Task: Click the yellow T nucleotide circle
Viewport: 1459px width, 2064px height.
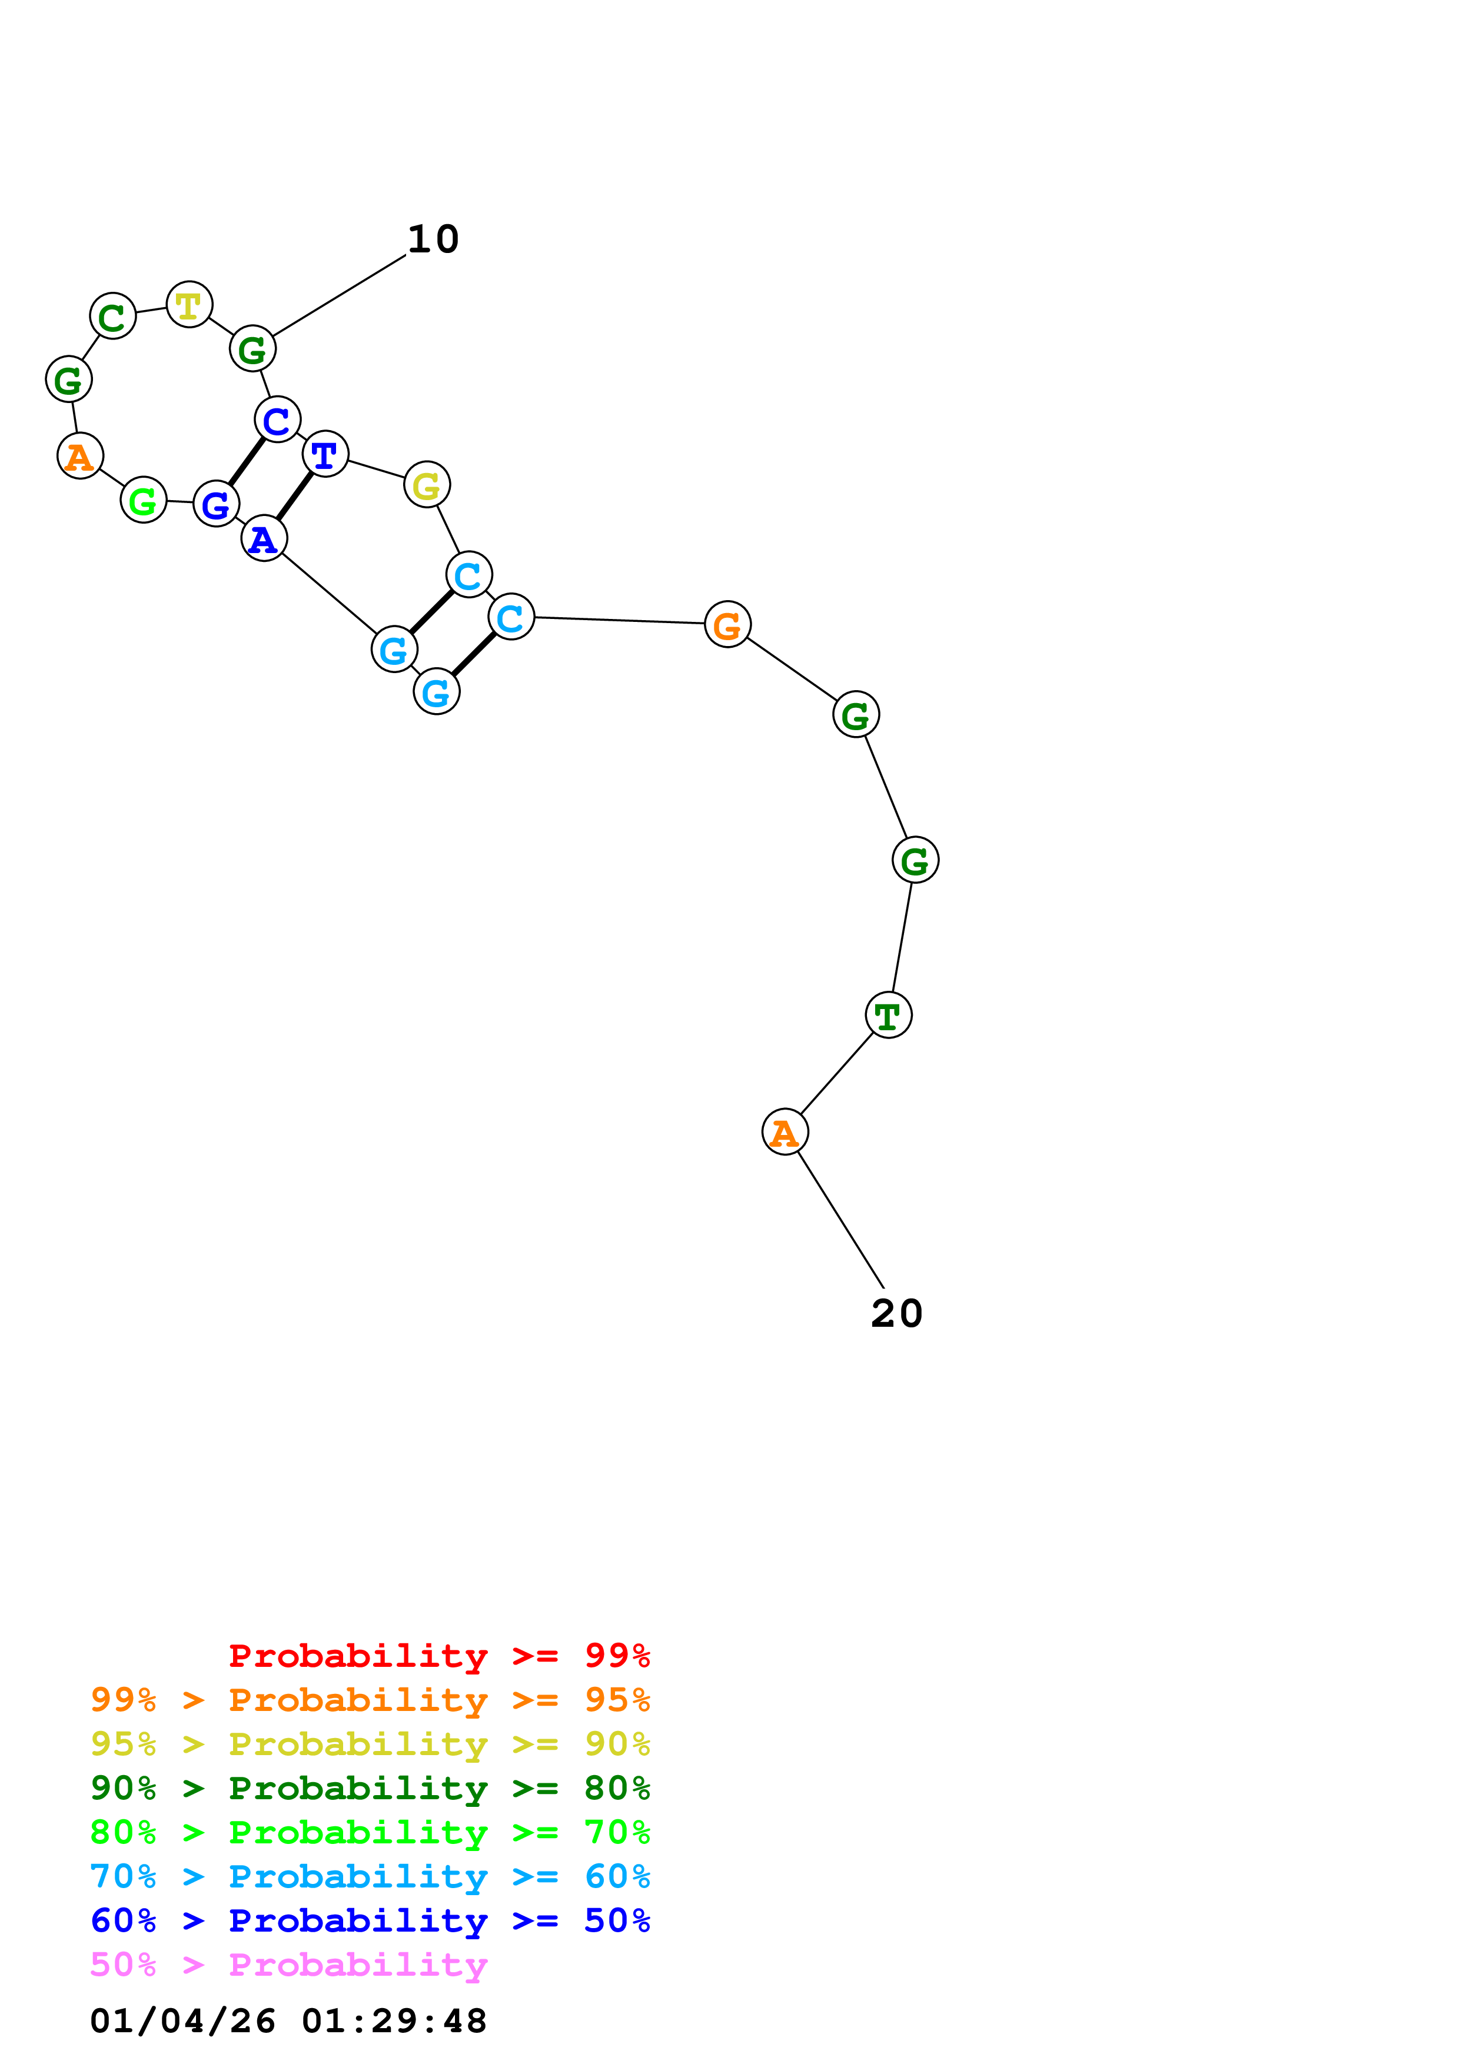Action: point(189,305)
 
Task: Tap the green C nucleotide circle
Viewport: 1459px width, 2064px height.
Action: point(112,317)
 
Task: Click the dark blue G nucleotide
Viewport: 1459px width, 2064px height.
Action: point(216,504)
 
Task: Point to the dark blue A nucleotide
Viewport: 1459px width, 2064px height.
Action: point(264,538)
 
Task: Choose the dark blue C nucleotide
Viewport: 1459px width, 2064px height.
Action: point(277,420)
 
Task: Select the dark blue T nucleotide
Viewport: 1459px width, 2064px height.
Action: point(324,454)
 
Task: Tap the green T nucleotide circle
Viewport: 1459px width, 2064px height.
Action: point(888,1015)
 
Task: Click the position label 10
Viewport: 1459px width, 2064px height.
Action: point(433,239)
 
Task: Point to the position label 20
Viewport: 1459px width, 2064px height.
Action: point(896,1313)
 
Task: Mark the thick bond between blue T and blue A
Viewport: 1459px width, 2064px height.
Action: point(294,496)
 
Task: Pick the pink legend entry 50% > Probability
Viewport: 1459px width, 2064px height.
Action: point(288,1964)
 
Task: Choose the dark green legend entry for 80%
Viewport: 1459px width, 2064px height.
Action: point(370,1788)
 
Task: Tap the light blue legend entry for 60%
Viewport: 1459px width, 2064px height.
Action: point(370,1876)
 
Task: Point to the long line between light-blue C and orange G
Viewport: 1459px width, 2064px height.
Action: point(619,620)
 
